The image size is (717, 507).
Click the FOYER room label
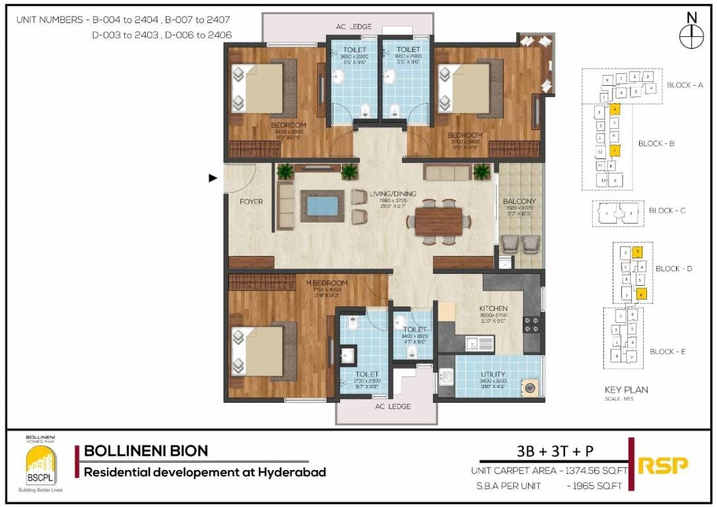tap(252, 202)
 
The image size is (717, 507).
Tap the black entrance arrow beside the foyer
tap(213, 178)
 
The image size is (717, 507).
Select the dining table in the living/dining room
tap(438, 221)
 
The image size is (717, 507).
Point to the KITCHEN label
tap(493, 308)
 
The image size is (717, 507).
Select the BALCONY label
tap(520, 201)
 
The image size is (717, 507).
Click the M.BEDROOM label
tap(326, 283)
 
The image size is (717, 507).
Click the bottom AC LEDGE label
tap(393, 406)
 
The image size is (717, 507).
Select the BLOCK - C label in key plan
tap(667, 211)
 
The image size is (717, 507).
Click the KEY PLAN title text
tap(626, 389)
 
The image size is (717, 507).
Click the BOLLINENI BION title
tap(146, 451)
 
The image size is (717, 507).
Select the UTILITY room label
tap(493, 374)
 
